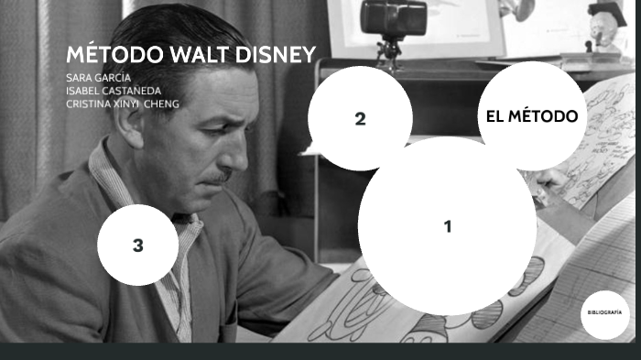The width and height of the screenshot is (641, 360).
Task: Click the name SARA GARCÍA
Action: point(99,77)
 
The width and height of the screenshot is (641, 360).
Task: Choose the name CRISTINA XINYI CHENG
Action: point(123,104)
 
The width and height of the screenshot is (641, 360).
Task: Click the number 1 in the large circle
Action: point(448,226)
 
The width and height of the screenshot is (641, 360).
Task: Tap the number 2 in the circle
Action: point(360,118)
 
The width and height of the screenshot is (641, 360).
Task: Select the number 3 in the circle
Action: point(137,245)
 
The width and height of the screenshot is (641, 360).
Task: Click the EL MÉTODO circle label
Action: point(532,116)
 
